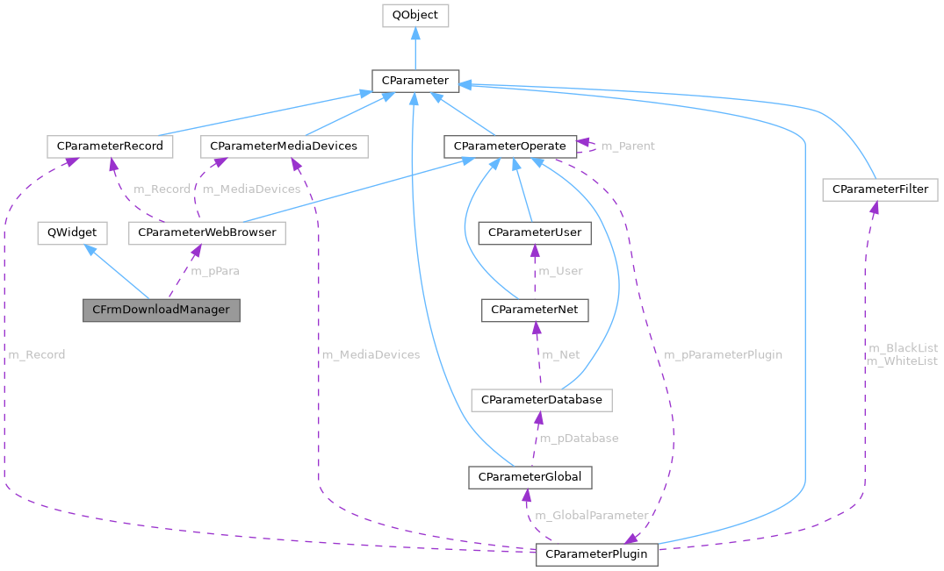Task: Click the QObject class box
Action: [x=415, y=15]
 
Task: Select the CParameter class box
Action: [x=414, y=81]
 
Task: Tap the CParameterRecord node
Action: [x=110, y=146]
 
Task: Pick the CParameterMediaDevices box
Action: [x=285, y=146]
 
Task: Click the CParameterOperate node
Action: [x=509, y=146]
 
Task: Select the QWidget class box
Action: [x=72, y=232]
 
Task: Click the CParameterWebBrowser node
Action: [x=207, y=232]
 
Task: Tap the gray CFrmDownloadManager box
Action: [x=162, y=310]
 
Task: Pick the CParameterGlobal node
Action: [x=530, y=476]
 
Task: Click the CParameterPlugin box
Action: [x=596, y=554]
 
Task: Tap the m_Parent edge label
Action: [x=627, y=146]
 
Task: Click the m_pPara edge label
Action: [x=215, y=271]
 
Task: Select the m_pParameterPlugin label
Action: [x=723, y=354]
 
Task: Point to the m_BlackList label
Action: [x=902, y=348]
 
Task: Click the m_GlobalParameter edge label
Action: [x=592, y=515]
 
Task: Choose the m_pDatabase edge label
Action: [x=579, y=438]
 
